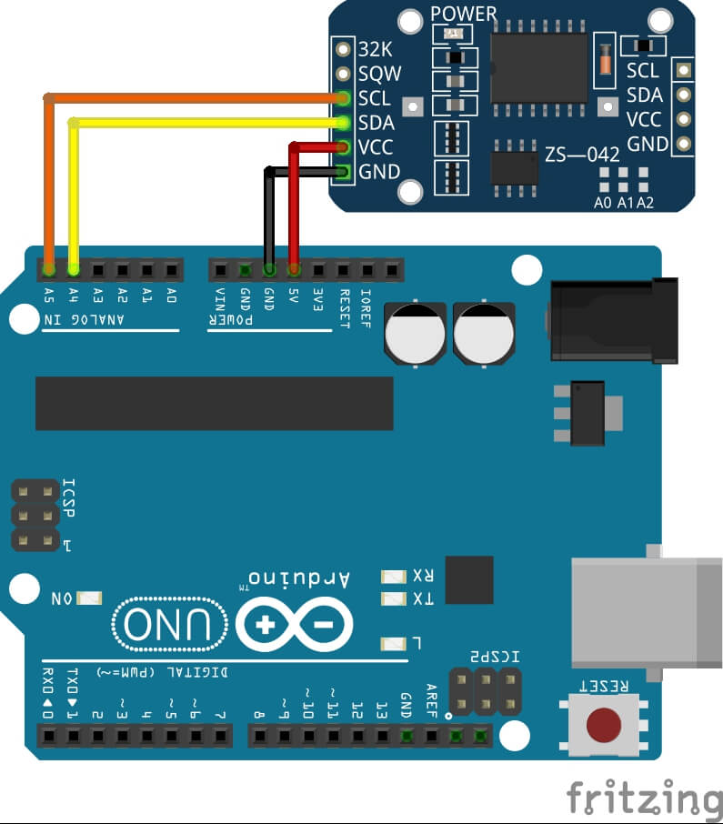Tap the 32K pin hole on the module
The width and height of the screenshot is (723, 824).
coord(343,49)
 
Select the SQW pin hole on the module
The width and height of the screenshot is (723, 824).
coord(343,74)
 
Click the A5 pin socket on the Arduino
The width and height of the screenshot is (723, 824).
coord(49,269)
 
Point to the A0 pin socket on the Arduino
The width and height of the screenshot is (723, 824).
coord(171,269)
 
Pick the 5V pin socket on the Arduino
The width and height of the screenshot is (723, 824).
coord(294,269)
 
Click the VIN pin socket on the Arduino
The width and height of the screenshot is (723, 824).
coord(220,269)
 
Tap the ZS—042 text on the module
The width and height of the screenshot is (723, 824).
coord(582,155)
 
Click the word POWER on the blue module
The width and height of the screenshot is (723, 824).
coord(464,14)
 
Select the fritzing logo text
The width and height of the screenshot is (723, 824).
coord(642,798)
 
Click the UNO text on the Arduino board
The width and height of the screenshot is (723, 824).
coord(171,625)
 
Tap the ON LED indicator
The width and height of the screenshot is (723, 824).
coord(90,598)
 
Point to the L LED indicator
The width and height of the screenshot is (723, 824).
coord(394,644)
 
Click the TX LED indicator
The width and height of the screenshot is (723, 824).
coord(394,598)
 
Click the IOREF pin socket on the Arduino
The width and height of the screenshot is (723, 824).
coord(392,269)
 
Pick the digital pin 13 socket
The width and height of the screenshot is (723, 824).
coord(382,734)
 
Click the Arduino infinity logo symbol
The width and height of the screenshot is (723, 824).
coord(294,625)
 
